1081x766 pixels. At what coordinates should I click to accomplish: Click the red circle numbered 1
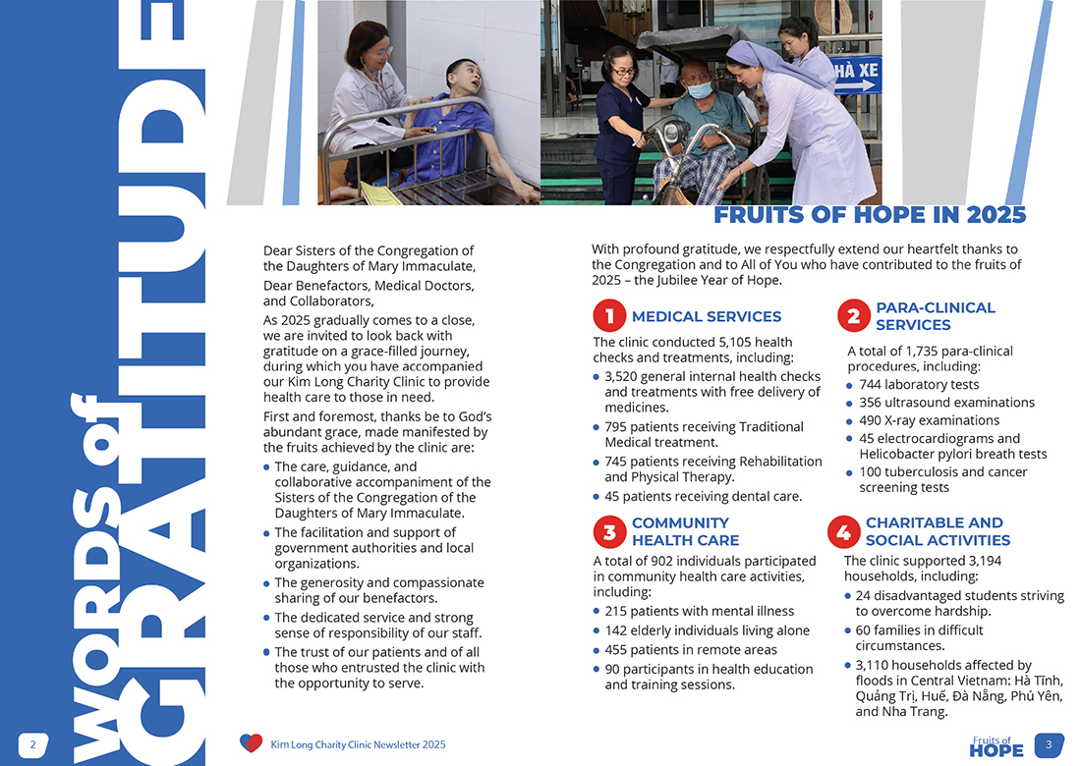[x=609, y=316]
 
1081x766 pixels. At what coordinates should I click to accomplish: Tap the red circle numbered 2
[x=854, y=316]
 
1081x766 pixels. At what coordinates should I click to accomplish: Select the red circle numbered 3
[x=609, y=531]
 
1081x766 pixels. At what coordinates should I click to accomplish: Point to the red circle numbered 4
[x=843, y=531]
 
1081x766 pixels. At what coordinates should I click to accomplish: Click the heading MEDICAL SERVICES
[x=707, y=316]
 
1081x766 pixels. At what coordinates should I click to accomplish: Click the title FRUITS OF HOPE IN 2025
[x=870, y=215]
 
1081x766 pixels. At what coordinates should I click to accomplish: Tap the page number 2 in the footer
[x=32, y=744]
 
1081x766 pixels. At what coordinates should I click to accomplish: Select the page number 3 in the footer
[x=1049, y=744]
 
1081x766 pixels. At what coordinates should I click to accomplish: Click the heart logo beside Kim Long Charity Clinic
[x=251, y=743]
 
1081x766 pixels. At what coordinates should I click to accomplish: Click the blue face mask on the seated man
[x=699, y=89]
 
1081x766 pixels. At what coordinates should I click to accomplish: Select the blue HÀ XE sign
[x=855, y=73]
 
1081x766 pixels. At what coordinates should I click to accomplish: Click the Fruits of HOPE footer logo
[x=996, y=746]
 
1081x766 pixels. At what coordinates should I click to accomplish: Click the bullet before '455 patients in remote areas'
[x=597, y=649]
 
